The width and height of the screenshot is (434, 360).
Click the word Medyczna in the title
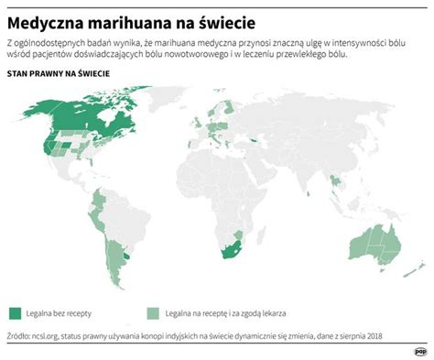click(47, 18)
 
